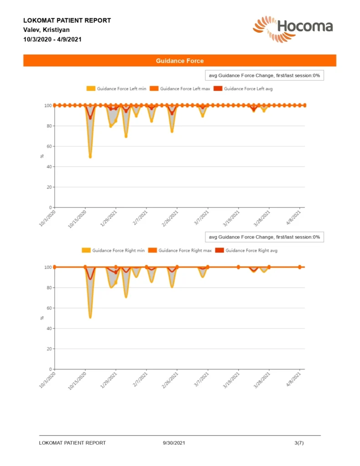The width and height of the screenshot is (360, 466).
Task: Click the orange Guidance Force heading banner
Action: (180, 61)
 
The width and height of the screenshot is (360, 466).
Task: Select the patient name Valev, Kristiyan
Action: (46, 30)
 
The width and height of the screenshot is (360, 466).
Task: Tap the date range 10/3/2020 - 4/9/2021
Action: (52, 39)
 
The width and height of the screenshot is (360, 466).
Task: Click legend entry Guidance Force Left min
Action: (117, 89)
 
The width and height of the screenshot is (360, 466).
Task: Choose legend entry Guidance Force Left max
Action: (181, 89)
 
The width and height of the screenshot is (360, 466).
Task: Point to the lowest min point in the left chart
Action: (90, 157)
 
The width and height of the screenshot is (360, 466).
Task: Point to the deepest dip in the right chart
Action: (90, 317)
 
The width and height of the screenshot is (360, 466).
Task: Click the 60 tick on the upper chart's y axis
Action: (48, 147)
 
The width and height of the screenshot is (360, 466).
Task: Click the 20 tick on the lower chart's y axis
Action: (48, 349)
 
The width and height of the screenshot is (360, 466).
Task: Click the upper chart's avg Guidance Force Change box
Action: (264, 75)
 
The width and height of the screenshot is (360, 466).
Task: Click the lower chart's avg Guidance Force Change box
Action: (264, 237)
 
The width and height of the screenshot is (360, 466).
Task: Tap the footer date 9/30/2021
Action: (174, 443)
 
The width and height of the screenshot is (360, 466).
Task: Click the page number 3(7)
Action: (299, 443)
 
